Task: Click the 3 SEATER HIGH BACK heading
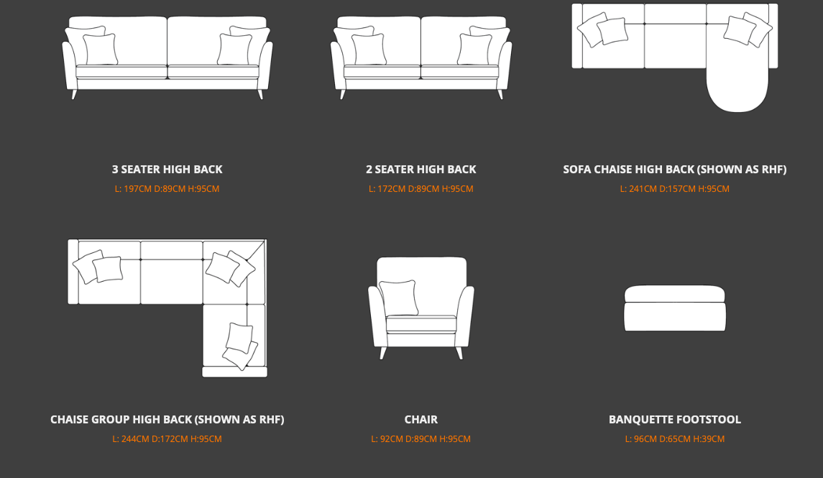[167, 170]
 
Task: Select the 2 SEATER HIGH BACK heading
[421, 170]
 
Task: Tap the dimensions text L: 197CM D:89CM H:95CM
[167, 189]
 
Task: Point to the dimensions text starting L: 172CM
[421, 189]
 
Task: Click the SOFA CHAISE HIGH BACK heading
[675, 170]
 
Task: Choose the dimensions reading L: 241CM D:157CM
[674, 189]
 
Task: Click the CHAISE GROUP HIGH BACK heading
[167, 420]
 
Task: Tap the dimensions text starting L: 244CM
[167, 439]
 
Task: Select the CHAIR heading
[421, 420]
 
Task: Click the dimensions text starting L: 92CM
[421, 439]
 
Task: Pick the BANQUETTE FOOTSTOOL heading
[675, 420]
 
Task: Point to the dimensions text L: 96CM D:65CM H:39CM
[675, 439]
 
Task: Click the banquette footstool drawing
[675, 308]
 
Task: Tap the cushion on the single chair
[399, 298]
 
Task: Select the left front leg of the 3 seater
[74, 94]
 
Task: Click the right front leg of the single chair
[459, 353]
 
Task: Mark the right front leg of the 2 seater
[500, 94]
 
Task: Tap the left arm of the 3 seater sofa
[70, 65]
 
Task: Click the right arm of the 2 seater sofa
[505, 65]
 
